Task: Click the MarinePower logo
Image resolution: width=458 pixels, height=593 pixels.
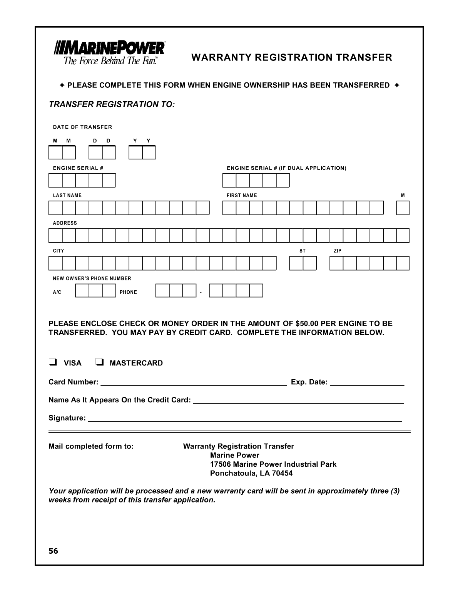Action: click(x=110, y=53)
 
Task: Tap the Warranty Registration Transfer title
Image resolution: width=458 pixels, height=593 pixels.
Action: click(x=291, y=58)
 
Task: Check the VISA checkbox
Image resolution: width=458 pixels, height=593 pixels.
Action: click(x=53, y=362)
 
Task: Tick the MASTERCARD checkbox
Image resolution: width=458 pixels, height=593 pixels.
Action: click(x=99, y=362)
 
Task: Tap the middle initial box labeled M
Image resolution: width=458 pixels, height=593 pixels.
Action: click(x=403, y=208)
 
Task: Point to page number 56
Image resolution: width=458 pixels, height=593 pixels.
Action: click(x=53, y=551)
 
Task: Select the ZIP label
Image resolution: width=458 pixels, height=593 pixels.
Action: click(x=338, y=251)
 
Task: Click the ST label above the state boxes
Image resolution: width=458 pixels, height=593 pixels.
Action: click(x=303, y=251)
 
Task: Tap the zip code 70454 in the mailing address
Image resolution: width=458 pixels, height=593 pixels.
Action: click(x=282, y=473)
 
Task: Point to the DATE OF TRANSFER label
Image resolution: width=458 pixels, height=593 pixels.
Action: click(x=82, y=127)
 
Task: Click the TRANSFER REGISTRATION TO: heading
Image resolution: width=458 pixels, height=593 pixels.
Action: click(x=112, y=105)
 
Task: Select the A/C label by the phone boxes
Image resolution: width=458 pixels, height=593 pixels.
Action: click(x=57, y=292)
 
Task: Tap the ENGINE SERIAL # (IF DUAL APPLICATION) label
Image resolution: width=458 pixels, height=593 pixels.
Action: click(x=286, y=168)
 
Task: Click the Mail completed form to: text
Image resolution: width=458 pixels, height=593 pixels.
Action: click(x=91, y=446)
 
